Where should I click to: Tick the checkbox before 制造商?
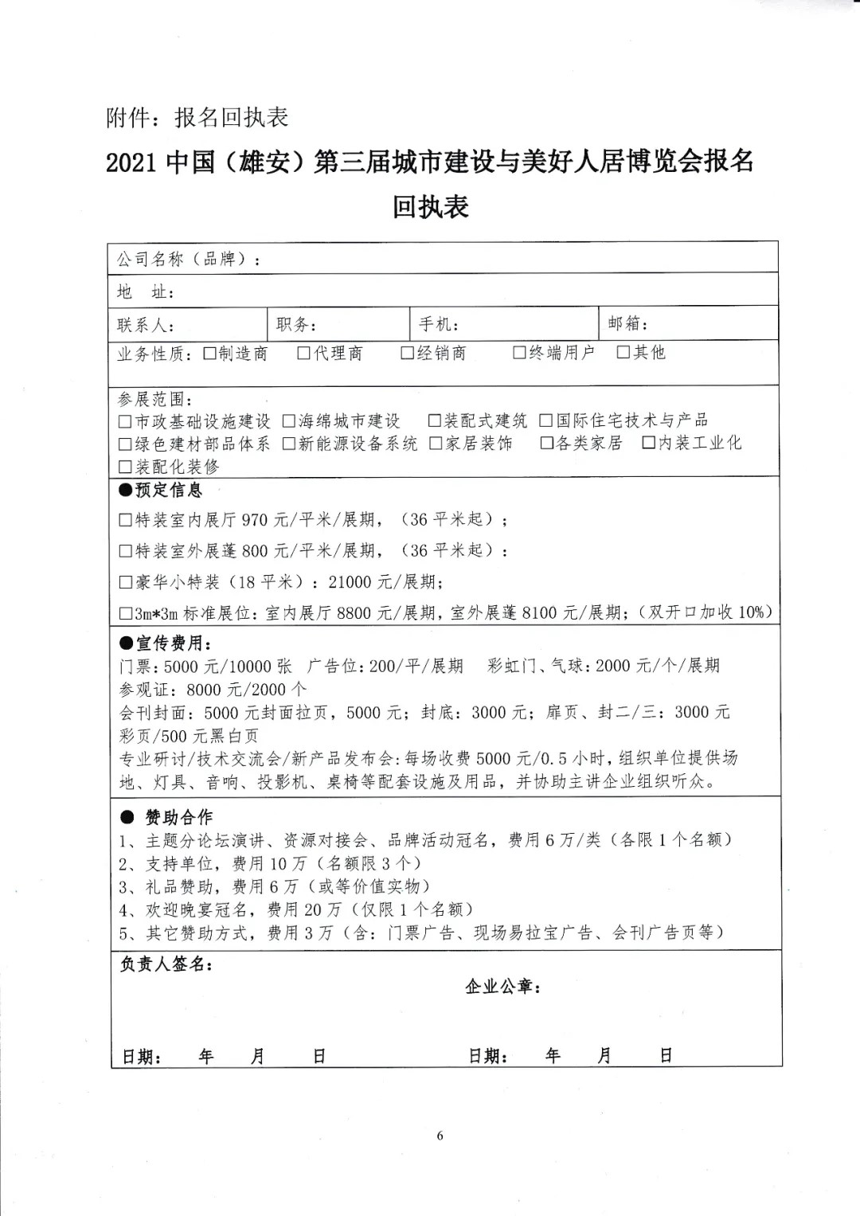[x=210, y=354]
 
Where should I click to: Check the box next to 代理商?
[x=304, y=353]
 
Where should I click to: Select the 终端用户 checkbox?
[x=520, y=352]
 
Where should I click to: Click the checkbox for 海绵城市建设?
[x=288, y=420]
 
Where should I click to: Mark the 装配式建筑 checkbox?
[x=435, y=420]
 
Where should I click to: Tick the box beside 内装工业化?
[x=649, y=442]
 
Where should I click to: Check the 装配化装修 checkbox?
[x=125, y=467]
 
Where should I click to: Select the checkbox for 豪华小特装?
[x=125, y=582]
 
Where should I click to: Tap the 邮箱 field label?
[x=627, y=323]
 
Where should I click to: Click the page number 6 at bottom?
[x=440, y=1136]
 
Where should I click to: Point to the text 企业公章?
[x=502, y=987]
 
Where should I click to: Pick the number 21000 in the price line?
[x=350, y=582]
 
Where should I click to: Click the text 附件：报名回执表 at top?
[x=197, y=118]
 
